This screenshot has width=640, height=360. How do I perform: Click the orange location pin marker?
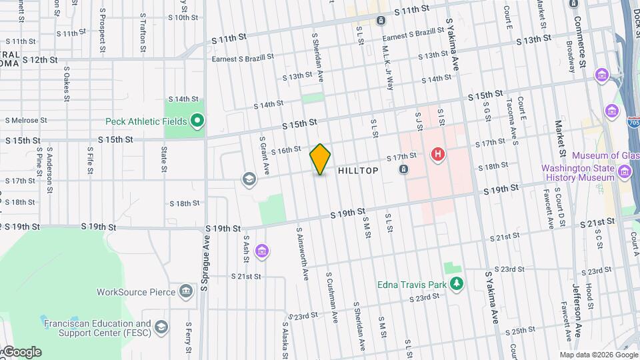321,159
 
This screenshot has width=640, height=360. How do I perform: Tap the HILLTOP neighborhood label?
358,171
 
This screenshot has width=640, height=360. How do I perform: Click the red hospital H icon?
438,155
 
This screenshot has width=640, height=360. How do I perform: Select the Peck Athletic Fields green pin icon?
197,121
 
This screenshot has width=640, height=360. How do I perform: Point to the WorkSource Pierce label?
137,292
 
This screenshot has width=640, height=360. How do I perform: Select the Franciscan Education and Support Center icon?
161,327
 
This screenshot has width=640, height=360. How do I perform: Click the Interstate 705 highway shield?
633,122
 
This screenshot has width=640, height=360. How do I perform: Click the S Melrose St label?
26,121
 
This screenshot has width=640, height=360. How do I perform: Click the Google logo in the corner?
21,352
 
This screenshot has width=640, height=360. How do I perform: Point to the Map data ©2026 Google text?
598,355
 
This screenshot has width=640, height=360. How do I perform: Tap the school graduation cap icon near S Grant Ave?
249,179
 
